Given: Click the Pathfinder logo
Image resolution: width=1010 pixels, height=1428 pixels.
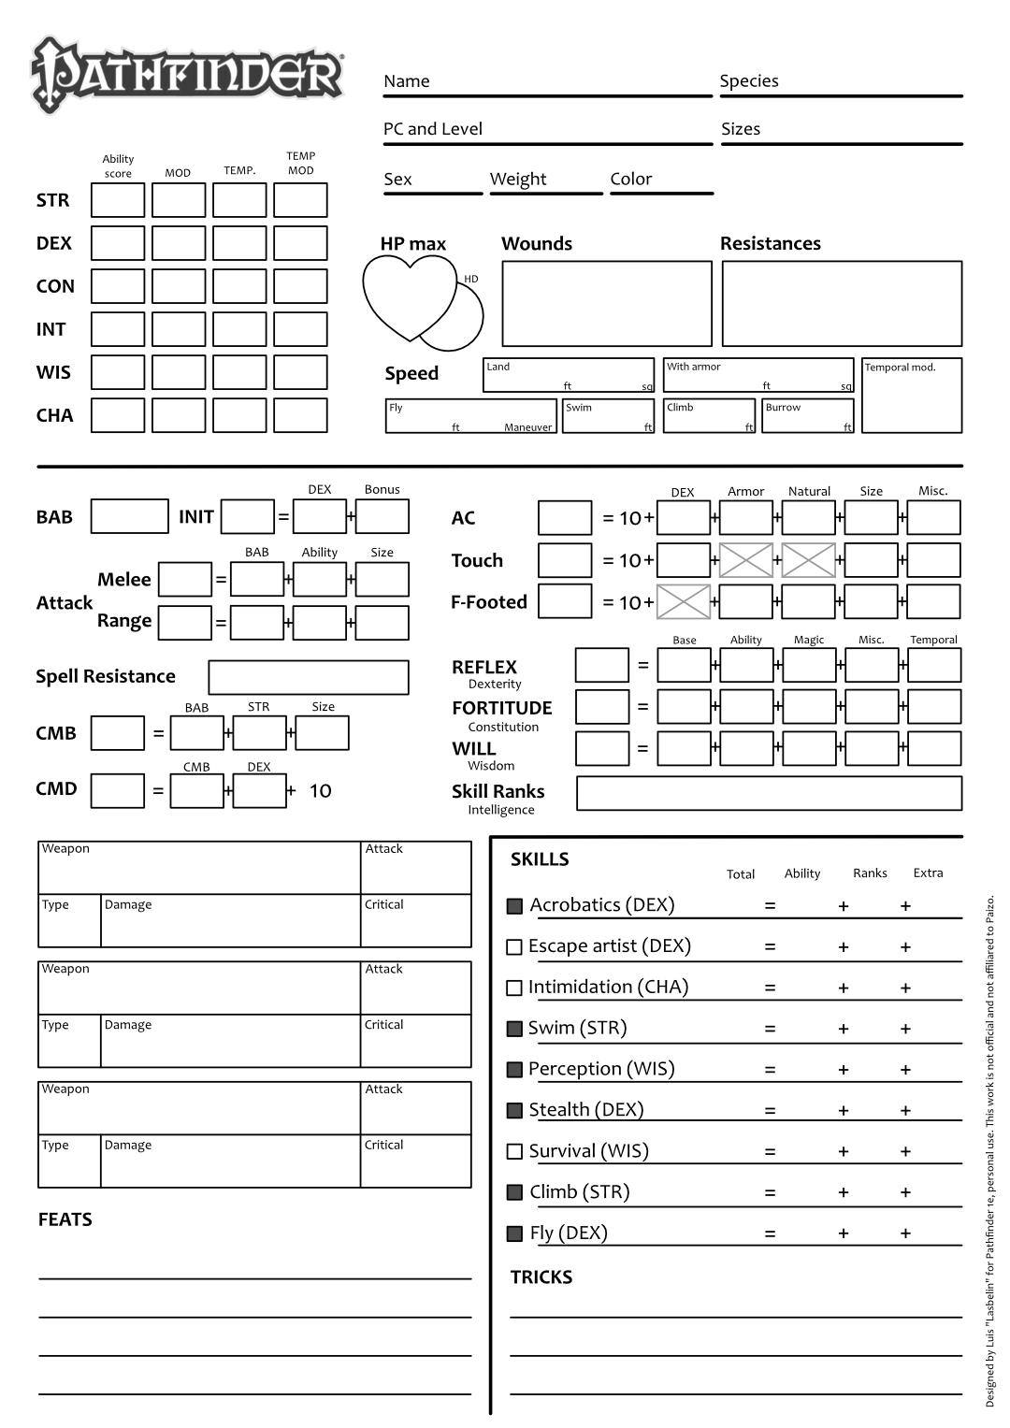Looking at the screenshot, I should [187, 75].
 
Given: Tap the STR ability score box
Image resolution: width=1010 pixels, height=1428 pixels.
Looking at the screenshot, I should [118, 200].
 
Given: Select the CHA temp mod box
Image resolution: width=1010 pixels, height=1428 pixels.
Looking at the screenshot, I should [300, 415].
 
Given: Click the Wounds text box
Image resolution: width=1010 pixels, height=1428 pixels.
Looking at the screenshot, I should [607, 304].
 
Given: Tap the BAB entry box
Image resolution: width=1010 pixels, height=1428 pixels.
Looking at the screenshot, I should [130, 516].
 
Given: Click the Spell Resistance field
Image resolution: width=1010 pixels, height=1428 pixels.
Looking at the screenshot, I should [309, 677].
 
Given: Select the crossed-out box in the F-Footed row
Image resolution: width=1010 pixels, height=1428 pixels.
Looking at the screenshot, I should [684, 601].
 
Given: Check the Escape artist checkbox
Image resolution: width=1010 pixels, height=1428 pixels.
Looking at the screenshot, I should [514, 947].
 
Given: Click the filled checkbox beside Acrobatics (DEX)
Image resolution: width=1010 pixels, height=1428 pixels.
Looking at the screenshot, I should [514, 906].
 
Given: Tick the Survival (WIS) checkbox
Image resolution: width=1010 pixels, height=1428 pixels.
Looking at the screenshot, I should [514, 1152].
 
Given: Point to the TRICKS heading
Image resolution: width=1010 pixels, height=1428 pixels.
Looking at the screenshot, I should [541, 1277].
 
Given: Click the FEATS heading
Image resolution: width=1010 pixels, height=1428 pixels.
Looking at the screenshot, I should [65, 1219].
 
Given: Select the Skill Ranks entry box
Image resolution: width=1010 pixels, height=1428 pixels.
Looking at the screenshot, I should [769, 793].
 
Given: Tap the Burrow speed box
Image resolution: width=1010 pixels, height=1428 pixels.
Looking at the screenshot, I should [808, 417].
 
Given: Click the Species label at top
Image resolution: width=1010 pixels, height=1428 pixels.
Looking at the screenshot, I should [748, 81].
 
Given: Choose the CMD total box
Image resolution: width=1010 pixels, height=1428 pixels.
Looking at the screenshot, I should [118, 790].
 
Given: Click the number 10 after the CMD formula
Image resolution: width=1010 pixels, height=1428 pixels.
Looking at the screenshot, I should [320, 791].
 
